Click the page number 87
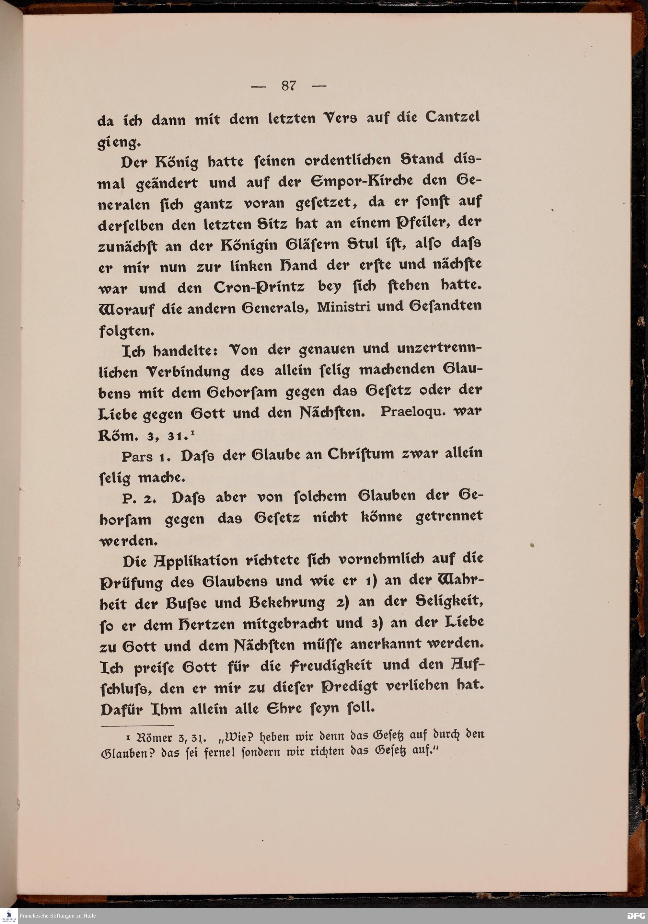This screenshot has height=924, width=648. pyautogui.click(x=289, y=86)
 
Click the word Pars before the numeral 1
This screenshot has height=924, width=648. pyautogui.click(x=137, y=457)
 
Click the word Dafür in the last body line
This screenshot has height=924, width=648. pyautogui.click(x=120, y=710)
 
